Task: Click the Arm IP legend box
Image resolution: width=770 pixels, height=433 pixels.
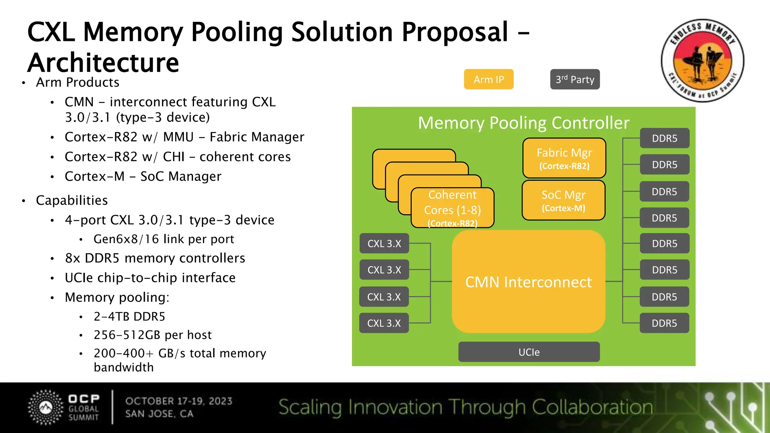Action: click(x=488, y=79)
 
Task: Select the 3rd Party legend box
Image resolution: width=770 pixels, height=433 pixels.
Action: click(x=574, y=79)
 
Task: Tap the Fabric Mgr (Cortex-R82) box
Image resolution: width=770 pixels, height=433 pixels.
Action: click(x=564, y=158)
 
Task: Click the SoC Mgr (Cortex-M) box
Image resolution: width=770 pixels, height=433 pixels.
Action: click(x=563, y=200)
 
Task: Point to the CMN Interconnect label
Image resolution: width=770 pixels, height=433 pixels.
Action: click(x=528, y=282)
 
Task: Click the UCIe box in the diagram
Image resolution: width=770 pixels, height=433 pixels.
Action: click(x=529, y=352)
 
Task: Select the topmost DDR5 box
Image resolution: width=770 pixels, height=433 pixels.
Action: click(x=664, y=138)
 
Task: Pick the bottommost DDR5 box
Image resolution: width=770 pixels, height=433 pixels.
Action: click(x=664, y=323)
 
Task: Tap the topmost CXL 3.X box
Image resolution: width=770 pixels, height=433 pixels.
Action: click(x=384, y=244)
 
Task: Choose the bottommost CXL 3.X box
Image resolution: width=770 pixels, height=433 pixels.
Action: click(x=384, y=323)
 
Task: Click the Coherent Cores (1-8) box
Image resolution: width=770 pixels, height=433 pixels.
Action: click(x=452, y=208)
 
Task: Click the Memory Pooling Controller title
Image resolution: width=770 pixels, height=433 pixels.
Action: click(x=523, y=123)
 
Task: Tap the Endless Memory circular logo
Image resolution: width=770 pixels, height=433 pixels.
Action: click(x=702, y=61)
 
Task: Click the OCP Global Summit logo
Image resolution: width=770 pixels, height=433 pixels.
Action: click(x=64, y=407)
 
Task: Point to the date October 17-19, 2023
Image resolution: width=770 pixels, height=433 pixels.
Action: click(x=179, y=401)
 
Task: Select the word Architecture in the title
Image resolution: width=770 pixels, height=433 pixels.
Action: click(x=103, y=62)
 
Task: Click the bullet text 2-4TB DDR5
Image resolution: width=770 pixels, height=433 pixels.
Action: click(x=129, y=316)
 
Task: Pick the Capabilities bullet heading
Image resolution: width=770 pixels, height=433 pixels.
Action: click(x=71, y=200)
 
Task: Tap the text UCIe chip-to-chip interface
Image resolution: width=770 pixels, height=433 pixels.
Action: click(x=150, y=278)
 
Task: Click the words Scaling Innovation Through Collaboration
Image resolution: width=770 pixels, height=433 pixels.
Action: click(x=465, y=407)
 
